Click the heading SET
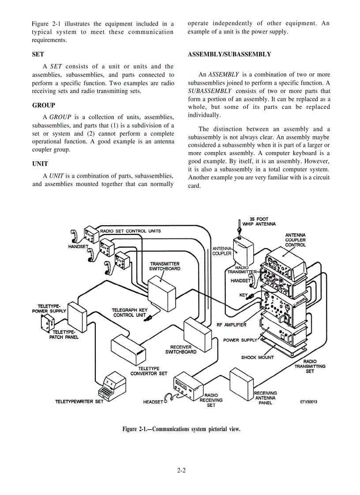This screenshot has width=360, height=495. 38,55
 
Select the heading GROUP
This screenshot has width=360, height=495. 44,105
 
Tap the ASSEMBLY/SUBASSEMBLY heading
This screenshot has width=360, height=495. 229,55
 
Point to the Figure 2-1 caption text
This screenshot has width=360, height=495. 181,429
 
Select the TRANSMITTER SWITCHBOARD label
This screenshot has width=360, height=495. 165,266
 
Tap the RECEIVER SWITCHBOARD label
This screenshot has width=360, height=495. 181,350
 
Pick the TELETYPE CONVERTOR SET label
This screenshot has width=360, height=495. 149,371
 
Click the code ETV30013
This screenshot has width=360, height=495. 309,402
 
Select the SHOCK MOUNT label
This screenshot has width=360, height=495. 257,357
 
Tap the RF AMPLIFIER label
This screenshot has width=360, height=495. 232,325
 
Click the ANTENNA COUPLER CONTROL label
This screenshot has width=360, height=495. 295,240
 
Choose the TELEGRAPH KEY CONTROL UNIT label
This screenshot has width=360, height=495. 129,313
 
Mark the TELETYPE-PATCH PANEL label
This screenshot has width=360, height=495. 66,335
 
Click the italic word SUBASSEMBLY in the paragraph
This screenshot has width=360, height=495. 207,91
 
